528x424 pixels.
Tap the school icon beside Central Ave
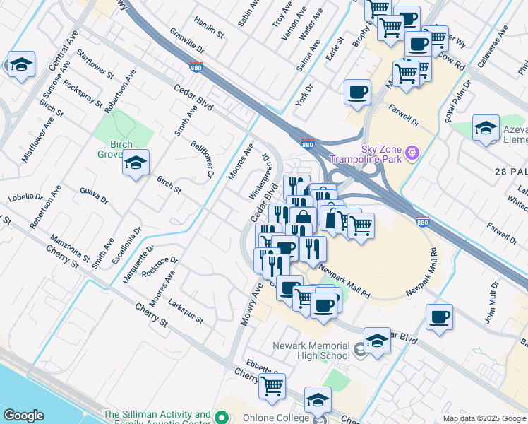[21, 65]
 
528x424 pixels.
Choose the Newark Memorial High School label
[311, 351]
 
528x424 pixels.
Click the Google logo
[24, 416]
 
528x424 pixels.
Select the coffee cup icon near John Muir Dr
[440, 317]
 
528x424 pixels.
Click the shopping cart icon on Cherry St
[272, 386]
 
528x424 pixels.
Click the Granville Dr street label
[186, 42]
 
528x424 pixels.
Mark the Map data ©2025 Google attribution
[484, 418]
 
